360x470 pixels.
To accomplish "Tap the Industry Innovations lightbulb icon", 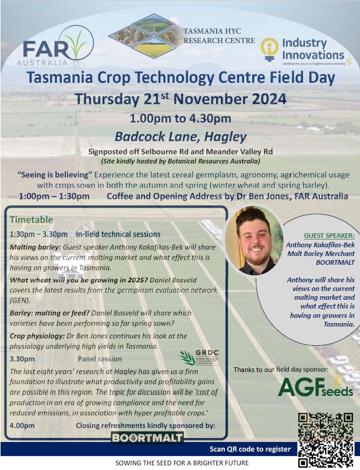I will [x=270, y=50].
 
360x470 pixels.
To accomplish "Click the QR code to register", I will [x=326, y=439].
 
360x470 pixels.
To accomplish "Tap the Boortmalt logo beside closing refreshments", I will [x=147, y=437].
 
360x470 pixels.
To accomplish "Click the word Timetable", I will [x=31, y=220].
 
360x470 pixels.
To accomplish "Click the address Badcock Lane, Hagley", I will [x=181, y=138].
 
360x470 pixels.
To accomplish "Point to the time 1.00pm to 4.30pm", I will [x=181, y=118].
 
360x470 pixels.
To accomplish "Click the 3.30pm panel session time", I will [x=23, y=359].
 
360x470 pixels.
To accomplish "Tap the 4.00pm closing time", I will [x=23, y=426].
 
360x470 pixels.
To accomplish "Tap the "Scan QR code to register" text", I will [x=250, y=449].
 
